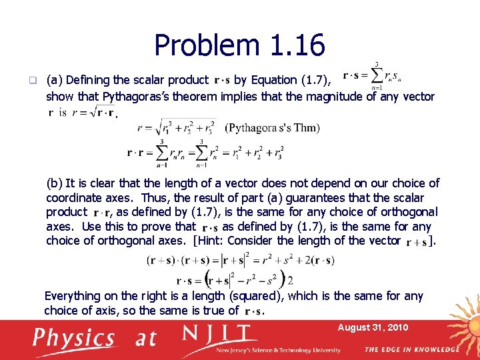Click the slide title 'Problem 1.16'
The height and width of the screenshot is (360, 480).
(239, 45)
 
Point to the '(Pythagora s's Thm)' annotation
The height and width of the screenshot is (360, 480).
(273, 128)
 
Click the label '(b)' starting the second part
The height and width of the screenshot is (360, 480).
(54, 183)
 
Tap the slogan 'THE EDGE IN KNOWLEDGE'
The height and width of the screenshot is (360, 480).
(411, 349)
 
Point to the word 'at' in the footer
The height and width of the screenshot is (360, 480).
(146, 339)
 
